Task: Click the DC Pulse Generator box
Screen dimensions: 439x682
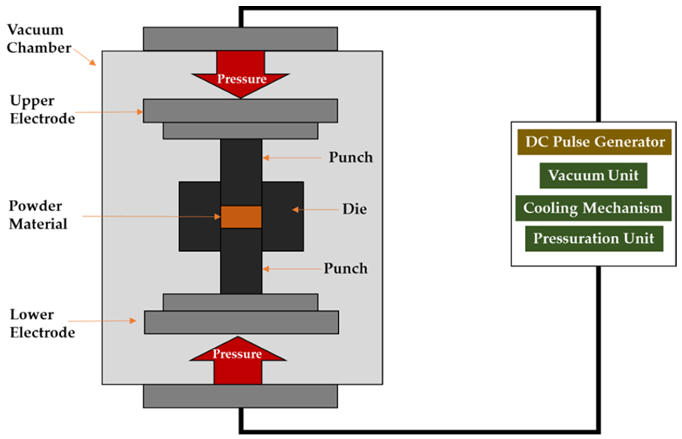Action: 594,142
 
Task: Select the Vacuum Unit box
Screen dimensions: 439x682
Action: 593,175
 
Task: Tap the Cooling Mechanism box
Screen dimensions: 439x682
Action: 593,208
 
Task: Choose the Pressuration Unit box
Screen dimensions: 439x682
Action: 594,239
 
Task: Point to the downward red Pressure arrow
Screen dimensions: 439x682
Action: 241,77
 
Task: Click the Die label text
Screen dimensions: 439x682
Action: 355,209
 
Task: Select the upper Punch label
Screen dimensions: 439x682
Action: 351,157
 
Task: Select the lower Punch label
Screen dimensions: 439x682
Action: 346,269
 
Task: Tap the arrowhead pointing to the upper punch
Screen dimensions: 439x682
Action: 266,158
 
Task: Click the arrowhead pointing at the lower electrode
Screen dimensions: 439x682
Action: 133,321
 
